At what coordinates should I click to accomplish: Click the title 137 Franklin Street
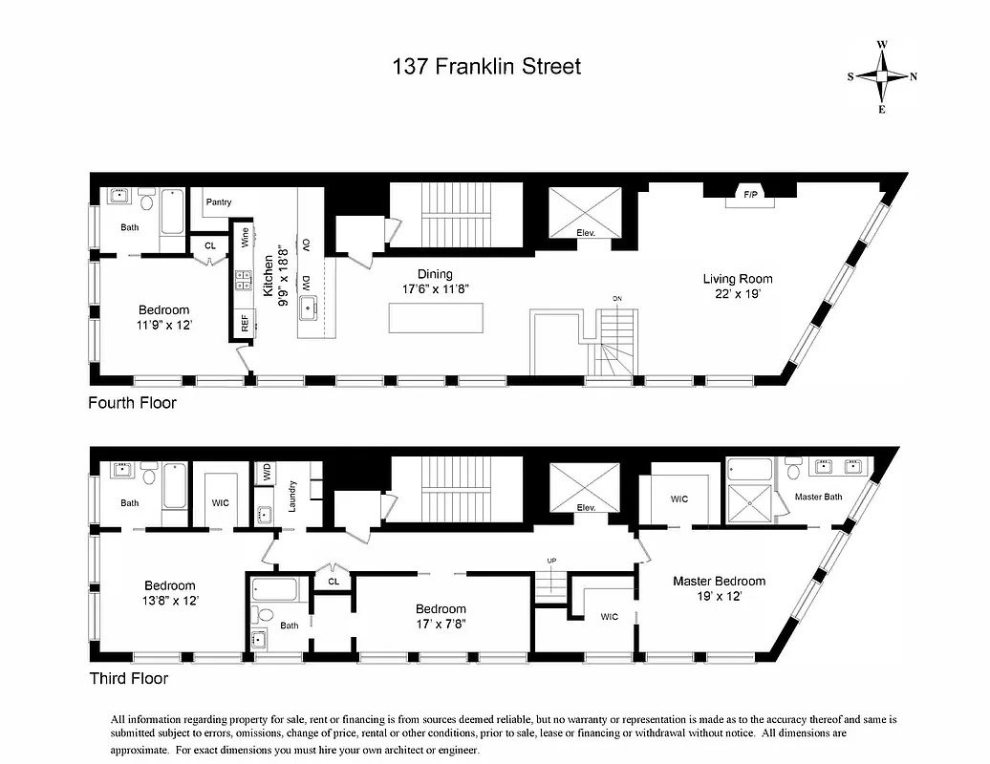pos(486,67)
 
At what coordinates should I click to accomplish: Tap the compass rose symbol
pos(882,77)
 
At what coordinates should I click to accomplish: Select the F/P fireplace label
pos(750,196)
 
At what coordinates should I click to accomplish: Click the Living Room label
pos(738,279)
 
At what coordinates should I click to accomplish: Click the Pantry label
pos(219,202)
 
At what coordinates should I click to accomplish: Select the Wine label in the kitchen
pos(245,238)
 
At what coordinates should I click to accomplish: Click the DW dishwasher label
pos(306,283)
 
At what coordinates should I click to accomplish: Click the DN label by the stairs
pos(617,299)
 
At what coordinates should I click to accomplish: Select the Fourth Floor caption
pos(132,403)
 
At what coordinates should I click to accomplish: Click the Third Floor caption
pos(128,679)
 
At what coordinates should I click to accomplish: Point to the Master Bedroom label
pos(719,581)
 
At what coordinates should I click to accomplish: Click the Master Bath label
pos(818,497)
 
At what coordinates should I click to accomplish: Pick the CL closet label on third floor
pos(334,580)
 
